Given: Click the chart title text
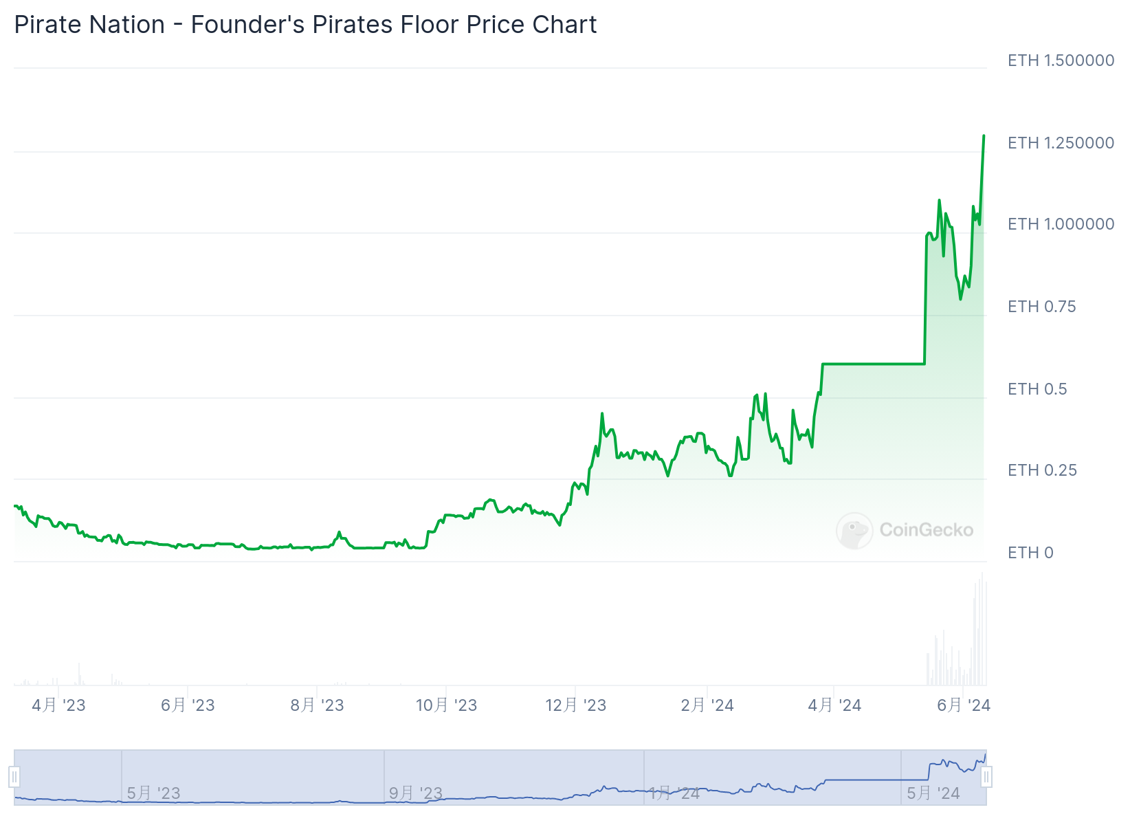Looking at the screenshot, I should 305,25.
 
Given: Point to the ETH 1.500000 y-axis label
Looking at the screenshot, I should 1061,60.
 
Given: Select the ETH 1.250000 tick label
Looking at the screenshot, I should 1061,143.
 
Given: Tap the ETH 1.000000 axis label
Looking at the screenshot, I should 1061,224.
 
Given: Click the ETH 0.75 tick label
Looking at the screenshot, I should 1041,307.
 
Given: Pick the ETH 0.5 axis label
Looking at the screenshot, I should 1037,389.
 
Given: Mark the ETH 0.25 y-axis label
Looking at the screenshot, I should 1042,470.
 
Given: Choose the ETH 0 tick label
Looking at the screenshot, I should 1030,553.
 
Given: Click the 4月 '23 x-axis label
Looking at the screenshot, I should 58,705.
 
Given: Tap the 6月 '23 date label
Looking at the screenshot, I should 188,705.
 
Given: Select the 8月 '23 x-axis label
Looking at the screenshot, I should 317,705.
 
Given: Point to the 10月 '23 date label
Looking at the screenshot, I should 446,705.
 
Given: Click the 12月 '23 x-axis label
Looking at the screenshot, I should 575,705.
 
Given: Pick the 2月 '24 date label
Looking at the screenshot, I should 707,705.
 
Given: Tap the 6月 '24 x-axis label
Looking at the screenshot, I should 964,705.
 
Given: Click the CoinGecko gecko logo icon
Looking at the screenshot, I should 854,530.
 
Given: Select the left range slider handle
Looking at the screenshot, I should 14,777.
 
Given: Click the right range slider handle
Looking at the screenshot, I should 986,777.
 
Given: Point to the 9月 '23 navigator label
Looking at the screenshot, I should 415,793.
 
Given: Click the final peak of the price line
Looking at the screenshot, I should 984,136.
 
